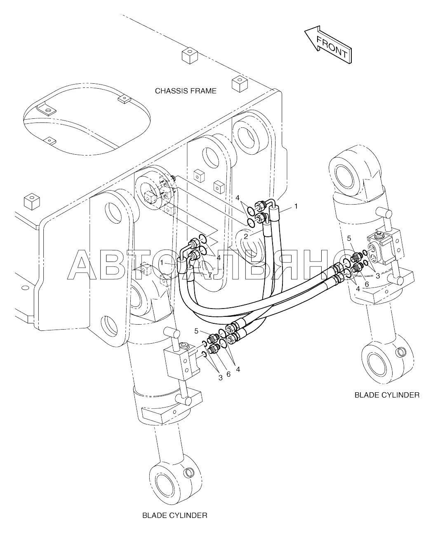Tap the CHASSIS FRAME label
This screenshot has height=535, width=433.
tap(186, 91)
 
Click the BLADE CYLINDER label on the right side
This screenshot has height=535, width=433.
tap(387, 395)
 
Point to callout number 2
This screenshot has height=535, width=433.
tap(246, 236)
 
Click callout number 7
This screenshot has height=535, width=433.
tap(210, 275)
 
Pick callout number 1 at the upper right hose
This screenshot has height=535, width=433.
tap(296, 206)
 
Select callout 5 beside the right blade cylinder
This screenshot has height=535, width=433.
tap(349, 238)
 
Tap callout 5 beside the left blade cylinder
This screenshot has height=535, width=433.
tap(196, 331)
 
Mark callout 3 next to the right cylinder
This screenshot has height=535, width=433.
tap(377, 276)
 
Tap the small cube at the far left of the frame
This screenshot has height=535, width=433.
tap(32, 201)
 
